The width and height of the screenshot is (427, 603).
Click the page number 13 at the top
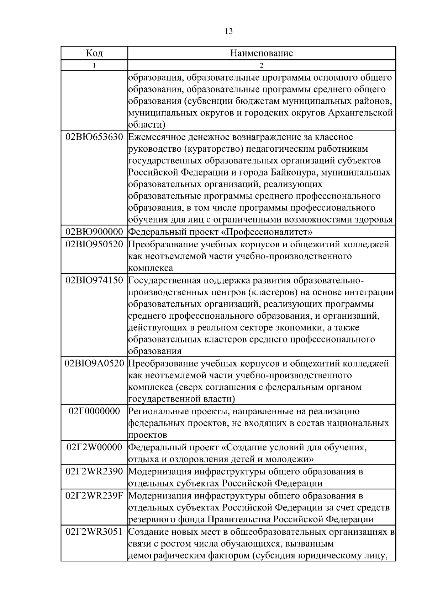tap(229, 31)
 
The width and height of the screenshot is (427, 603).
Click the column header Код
tap(94, 53)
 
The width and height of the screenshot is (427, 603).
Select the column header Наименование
tap(262, 53)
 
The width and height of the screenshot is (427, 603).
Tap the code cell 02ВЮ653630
tap(94, 137)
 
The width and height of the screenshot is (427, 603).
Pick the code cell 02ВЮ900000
tap(94, 232)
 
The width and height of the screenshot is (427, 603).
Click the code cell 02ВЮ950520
tap(94, 244)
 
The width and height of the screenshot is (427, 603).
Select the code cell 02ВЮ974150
tap(94, 280)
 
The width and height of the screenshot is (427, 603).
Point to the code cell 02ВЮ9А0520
tap(94, 364)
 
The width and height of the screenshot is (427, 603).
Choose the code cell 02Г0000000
tap(94, 411)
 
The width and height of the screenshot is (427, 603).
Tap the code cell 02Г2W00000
tap(94, 447)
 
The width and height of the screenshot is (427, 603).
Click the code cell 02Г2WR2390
tap(94, 472)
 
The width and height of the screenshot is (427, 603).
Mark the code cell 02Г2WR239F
tap(94, 496)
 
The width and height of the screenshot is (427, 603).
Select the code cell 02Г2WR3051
tap(94, 532)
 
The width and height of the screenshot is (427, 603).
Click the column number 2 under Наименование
tap(262, 65)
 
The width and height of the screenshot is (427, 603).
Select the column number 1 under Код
tap(94, 65)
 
